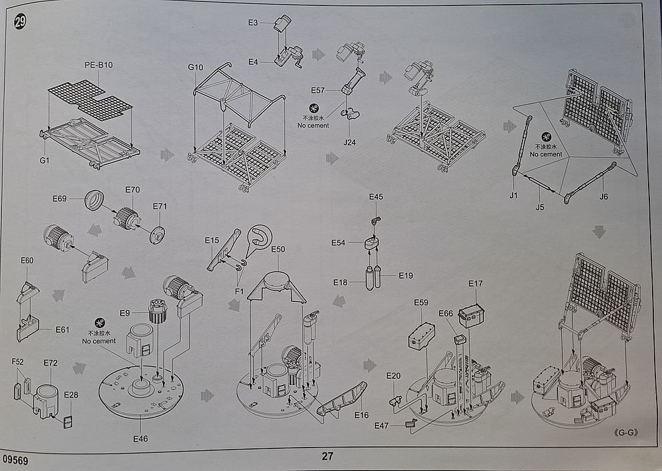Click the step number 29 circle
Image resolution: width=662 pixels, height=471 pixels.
19,22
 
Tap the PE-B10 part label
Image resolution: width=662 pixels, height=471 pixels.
99,65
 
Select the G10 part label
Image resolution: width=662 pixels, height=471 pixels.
195,67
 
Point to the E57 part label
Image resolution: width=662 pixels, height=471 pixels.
318,90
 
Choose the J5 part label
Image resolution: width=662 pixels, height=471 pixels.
540,207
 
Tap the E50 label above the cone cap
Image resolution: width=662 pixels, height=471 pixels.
278,249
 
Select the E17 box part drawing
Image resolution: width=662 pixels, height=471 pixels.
472,315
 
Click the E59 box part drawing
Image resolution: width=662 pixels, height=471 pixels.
421,335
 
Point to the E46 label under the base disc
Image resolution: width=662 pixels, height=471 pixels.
140,438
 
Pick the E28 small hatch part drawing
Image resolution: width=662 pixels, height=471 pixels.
68,422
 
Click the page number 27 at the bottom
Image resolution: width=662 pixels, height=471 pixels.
327,457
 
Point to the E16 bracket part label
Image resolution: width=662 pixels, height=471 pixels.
361,416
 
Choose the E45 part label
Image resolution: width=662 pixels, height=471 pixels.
376,197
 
